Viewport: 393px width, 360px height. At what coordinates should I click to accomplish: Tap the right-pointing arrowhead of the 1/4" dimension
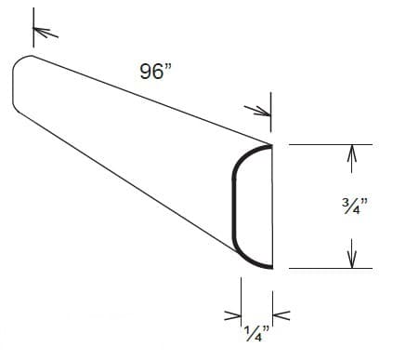pos(234,317)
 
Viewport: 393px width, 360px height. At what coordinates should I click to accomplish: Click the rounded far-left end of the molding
pos(14,84)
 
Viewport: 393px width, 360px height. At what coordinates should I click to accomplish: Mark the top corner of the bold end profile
pos(271,145)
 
